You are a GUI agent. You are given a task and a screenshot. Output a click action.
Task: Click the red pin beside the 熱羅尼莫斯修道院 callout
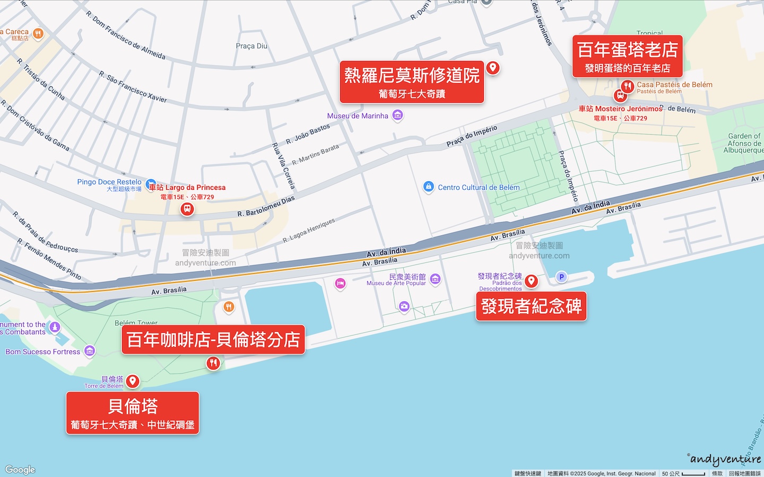pyautogui.click(x=493, y=67)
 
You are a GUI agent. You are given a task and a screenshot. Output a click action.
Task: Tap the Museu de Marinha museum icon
pyautogui.click(x=397, y=116)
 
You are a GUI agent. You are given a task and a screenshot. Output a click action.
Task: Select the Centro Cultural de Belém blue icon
pyautogui.click(x=428, y=187)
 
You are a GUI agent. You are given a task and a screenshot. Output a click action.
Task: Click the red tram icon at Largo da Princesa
pyautogui.click(x=187, y=209)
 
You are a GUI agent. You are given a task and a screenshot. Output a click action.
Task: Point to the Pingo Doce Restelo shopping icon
pyautogui.click(x=151, y=183)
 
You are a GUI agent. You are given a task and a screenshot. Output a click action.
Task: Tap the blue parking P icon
pyautogui.click(x=561, y=277)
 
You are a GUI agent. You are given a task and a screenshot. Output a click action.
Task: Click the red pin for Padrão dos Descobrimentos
pyautogui.click(x=531, y=281)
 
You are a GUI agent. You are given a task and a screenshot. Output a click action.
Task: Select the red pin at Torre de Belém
pyautogui.click(x=133, y=381)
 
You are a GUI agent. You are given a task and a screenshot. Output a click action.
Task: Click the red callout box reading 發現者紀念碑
pyautogui.click(x=531, y=306)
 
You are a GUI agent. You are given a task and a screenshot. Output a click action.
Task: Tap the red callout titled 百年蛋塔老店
pyautogui.click(x=627, y=56)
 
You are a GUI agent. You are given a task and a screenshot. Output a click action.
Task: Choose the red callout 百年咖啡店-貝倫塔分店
pyautogui.click(x=213, y=340)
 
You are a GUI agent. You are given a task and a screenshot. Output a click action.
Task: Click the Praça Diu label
pyautogui.click(x=251, y=46)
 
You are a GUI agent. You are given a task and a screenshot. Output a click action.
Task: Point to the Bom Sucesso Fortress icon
pyautogui.click(x=90, y=351)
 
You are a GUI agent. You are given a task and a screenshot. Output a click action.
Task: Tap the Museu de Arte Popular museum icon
pyautogui.click(x=435, y=279)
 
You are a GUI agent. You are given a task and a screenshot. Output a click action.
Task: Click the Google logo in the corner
pyautogui.click(x=20, y=470)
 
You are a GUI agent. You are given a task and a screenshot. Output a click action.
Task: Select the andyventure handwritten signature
pyautogui.click(x=725, y=459)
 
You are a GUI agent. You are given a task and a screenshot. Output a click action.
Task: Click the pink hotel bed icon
pyautogui.click(x=341, y=284)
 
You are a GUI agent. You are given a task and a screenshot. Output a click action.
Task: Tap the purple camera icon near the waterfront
pyautogui.click(x=404, y=306)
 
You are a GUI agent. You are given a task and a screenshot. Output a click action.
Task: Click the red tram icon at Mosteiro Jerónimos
pyautogui.click(x=620, y=96)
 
